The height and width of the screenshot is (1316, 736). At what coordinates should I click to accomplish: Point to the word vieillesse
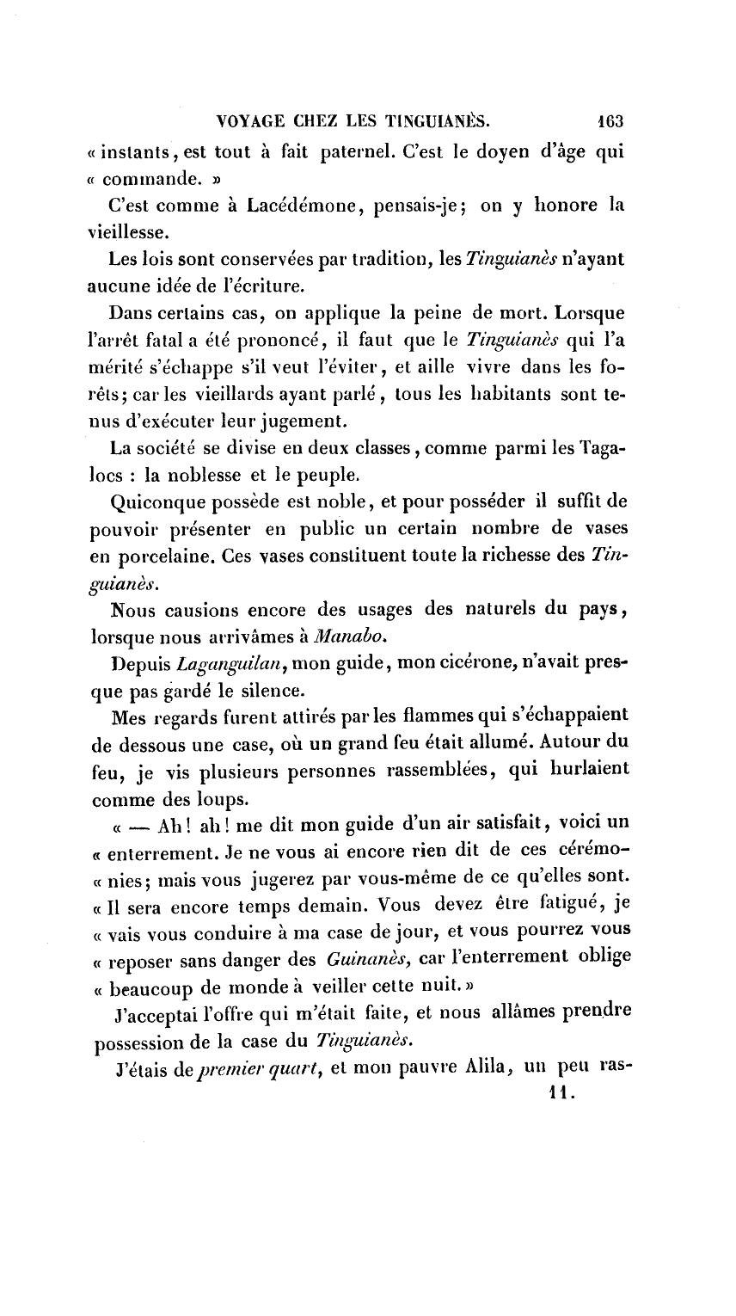pyautogui.click(x=127, y=231)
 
